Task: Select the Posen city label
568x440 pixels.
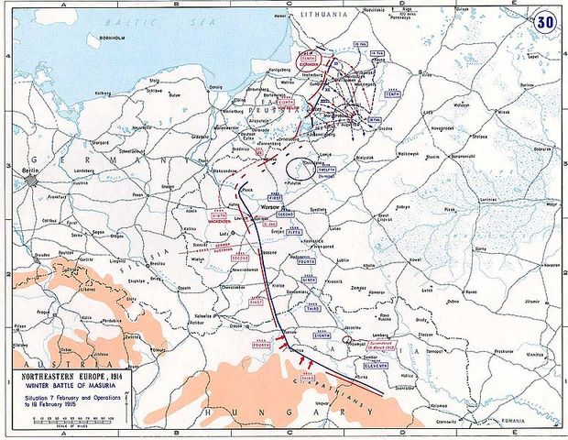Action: (x=139, y=194)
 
